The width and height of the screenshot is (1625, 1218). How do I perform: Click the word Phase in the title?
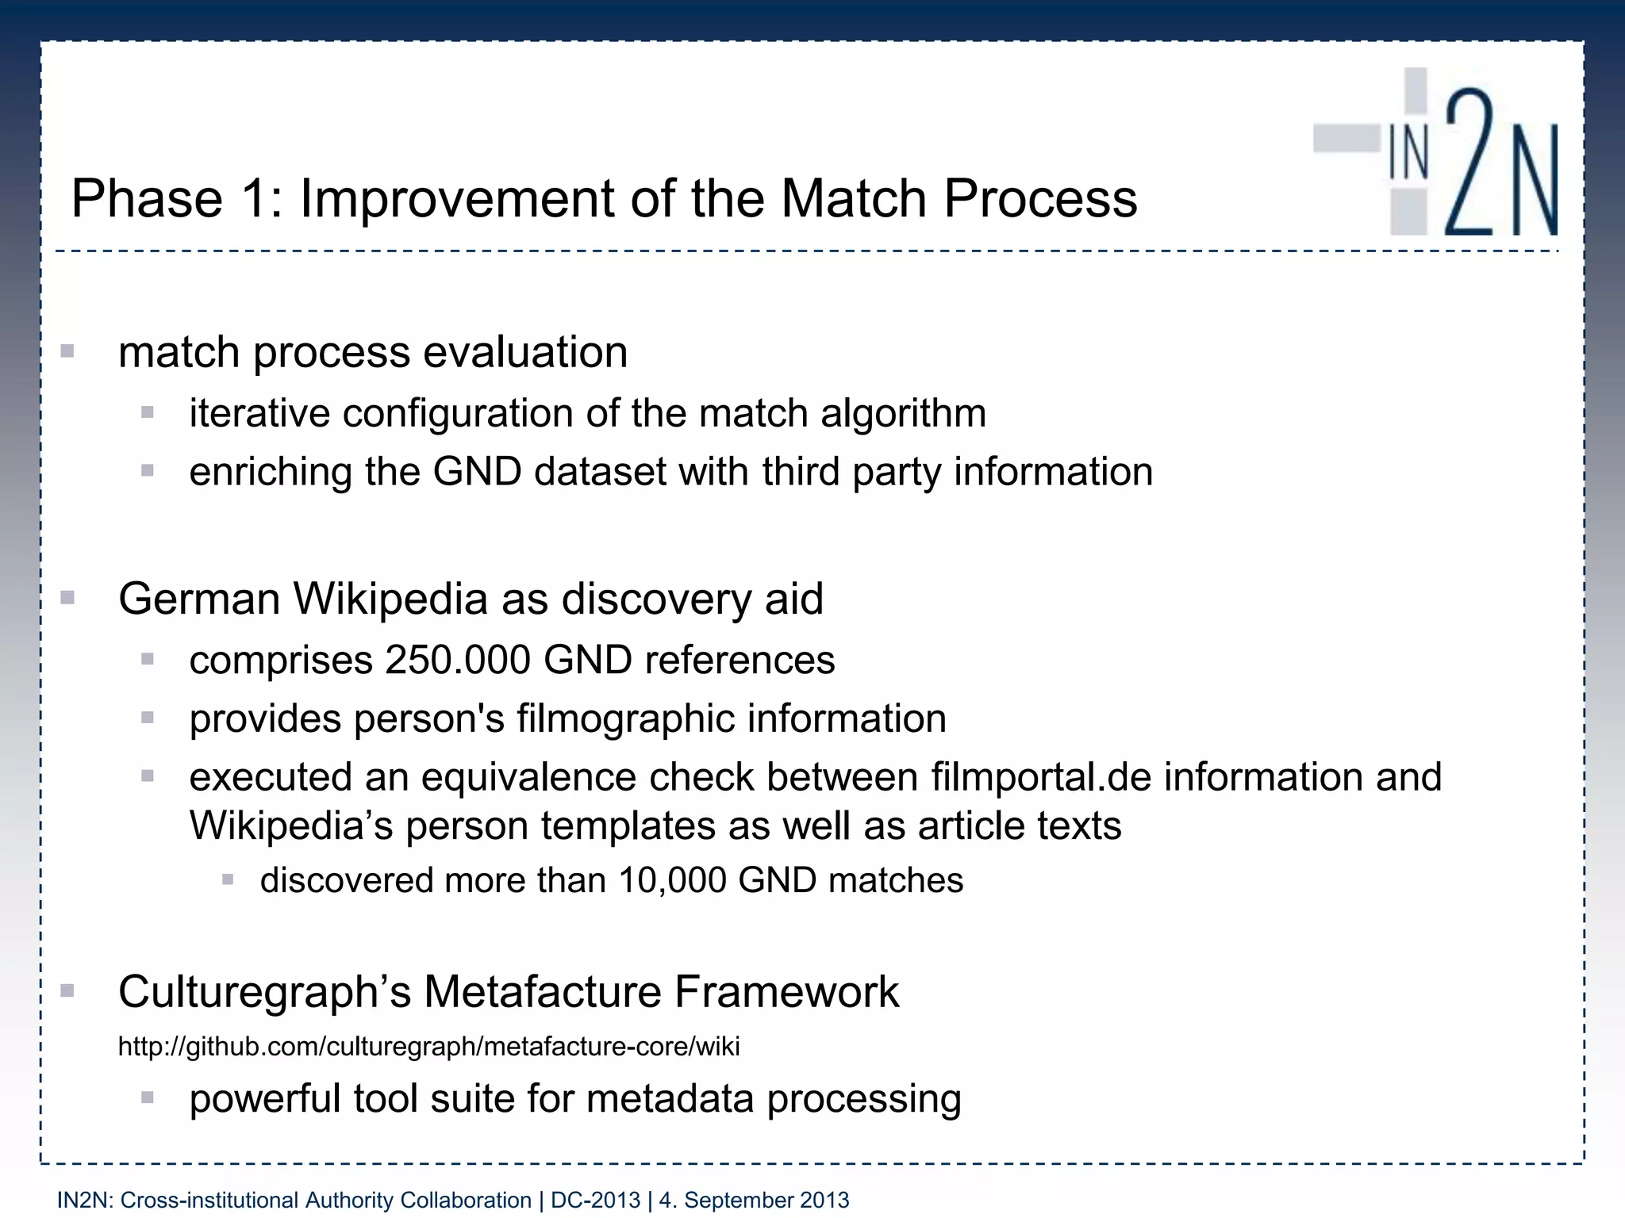tap(148, 198)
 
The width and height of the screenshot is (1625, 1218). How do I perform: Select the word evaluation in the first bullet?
tap(525, 353)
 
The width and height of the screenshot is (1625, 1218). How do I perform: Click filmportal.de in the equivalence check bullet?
tap(1041, 777)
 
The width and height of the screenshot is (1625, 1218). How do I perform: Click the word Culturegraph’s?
tap(264, 992)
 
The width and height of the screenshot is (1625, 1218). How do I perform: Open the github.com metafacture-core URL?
tap(428, 1047)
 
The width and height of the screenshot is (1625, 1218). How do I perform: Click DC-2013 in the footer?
tap(595, 1201)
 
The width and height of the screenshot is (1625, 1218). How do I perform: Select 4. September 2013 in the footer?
tap(754, 1201)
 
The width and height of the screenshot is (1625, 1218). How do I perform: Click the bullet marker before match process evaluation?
tap(67, 351)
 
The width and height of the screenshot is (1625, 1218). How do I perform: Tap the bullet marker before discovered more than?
tap(228, 879)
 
